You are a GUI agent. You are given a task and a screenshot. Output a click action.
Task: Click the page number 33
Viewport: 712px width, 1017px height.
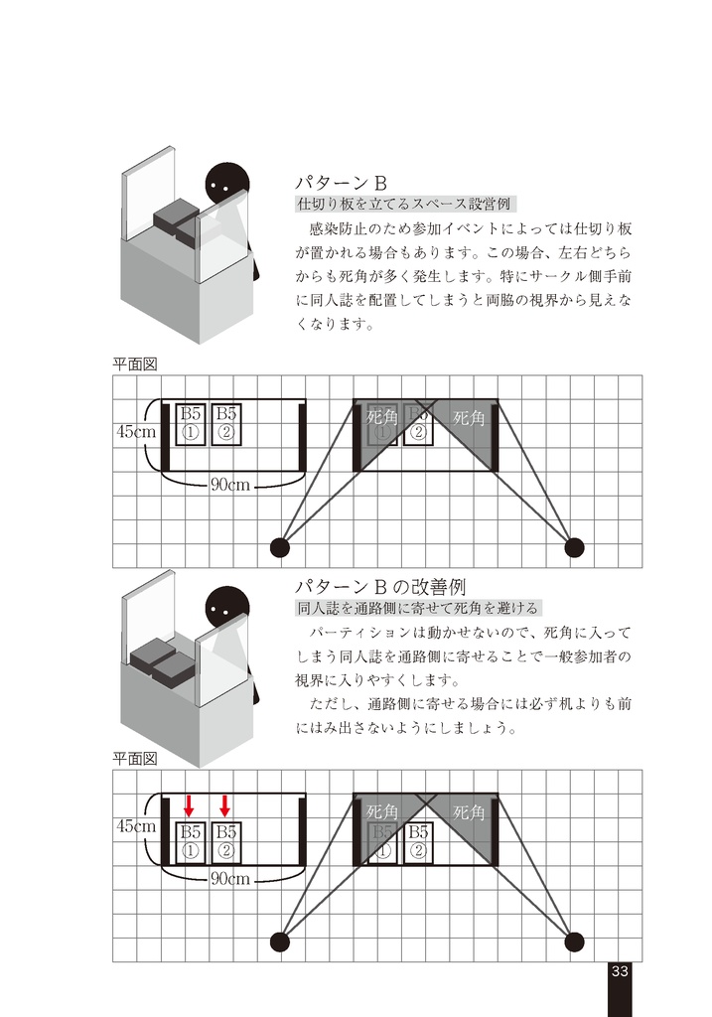click(x=620, y=971)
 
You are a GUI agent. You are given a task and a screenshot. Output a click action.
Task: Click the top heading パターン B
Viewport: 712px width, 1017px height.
click(x=341, y=183)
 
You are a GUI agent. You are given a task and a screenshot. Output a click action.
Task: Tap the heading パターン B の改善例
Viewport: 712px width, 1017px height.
click(x=380, y=586)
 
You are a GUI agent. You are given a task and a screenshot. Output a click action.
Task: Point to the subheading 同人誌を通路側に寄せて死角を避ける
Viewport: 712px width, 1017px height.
click(x=417, y=608)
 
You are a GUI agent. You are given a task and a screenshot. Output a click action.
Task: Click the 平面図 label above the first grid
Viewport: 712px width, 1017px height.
click(x=134, y=364)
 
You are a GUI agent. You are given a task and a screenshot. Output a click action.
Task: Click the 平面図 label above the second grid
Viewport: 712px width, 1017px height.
click(x=134, y=759)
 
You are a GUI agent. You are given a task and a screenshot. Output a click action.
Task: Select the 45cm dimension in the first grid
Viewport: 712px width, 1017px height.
click(x=136, y=432)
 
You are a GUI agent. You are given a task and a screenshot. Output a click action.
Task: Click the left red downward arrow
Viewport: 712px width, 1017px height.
click(x=189, y=804)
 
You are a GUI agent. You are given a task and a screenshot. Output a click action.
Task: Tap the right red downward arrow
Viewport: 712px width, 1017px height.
click(x=225, y=804)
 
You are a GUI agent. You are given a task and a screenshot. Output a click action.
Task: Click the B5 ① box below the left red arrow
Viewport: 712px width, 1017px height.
click(x=191, y=841)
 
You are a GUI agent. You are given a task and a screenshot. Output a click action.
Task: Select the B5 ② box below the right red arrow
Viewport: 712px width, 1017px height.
click(x=226, y=841)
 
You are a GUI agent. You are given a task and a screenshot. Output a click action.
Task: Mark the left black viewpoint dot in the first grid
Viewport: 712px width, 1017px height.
click(x=280, y=546)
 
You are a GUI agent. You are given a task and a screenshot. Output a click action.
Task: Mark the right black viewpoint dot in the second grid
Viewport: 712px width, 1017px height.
click(x=574, y=941)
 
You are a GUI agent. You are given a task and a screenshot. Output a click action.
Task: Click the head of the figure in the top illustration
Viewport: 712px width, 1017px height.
click(x=225, y=185)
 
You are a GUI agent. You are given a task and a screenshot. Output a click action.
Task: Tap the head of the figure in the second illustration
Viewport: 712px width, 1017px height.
click(x=226, y=608)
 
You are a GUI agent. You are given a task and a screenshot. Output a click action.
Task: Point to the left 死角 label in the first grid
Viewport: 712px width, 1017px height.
click(x=382, y=418)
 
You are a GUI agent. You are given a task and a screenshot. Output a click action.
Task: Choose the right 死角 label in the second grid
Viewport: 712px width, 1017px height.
click(x=470, y=812)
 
